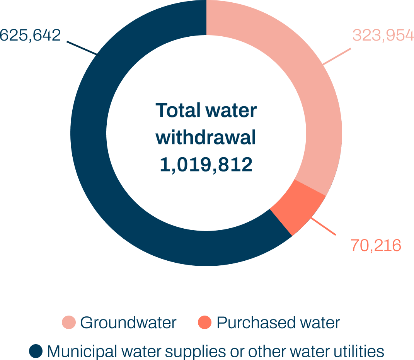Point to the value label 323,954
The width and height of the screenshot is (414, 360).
(383, 36)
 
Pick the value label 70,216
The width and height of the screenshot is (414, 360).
(375, 245)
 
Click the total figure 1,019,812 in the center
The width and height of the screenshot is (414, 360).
(206, 165)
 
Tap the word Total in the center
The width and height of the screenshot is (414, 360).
(178, 111)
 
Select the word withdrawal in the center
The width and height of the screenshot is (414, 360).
(206, 138)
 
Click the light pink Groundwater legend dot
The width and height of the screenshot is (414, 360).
(69, 323)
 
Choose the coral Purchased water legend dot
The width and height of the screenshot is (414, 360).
(204, 323)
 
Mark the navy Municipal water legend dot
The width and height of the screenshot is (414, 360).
(36, 351)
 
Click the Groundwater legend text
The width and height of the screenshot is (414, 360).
(128, 323)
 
